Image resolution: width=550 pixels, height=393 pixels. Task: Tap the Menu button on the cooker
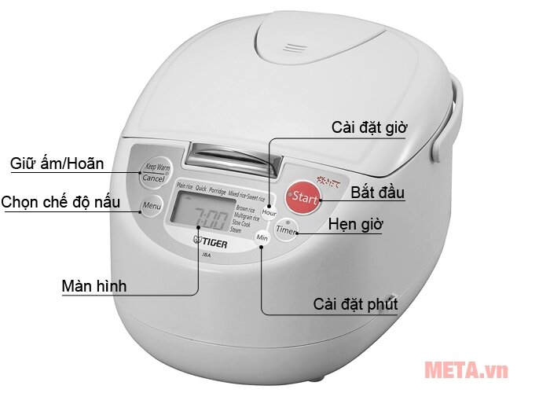[151, 208]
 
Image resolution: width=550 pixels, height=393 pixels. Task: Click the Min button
[262, 237]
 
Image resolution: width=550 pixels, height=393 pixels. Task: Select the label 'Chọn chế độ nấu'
[60, 202]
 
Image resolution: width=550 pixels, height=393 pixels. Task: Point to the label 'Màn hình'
[93, 285]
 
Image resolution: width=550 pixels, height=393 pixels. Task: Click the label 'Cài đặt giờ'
[369, 127]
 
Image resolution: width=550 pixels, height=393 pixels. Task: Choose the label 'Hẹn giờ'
[356, 225]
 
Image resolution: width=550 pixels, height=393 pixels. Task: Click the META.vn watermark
[466, 369]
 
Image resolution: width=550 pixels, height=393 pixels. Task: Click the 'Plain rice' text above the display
[185, 187]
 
